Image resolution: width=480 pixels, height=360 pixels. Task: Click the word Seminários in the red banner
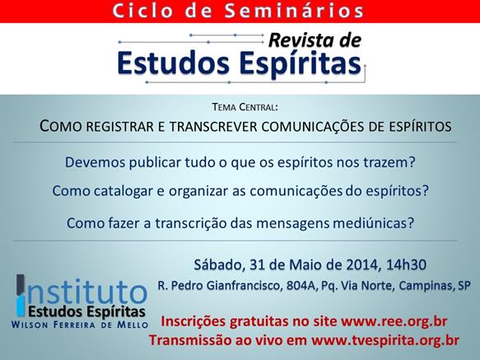click(x=294, y=11)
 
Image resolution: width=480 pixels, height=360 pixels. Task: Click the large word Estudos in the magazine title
click(x=173, y=63)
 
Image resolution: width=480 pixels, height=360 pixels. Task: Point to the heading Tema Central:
click(x=245, y=107)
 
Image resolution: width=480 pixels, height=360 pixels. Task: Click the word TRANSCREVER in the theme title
click(x=213, y=127)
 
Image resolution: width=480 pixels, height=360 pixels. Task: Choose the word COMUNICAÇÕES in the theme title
click(x=313, y=127)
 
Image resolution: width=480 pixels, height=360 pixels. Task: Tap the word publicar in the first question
click(x=155, y=162)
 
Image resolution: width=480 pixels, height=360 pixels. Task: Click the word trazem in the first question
click(x=389, y=162)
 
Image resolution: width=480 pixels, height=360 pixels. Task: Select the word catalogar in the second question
click(x=123, y=191)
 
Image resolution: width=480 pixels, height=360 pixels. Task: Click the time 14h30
click(x=406, y=264)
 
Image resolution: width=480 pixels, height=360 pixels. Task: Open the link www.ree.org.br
click(x=394, y=322)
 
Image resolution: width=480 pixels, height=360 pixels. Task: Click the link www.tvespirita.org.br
click(x=385, y=341)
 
